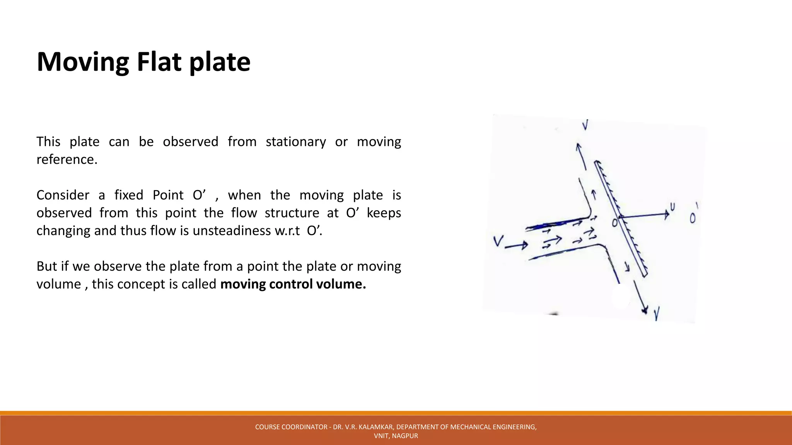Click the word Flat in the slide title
pyautogui.click(x=159, y=62)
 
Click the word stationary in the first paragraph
pyautogui.click(x=296, y=142)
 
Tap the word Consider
pyautogui.click(x=63, y=195)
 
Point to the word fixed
pyautogui.click(x=128, y=195)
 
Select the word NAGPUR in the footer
pyautogui.click(x=405, y=436)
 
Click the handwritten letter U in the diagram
pyautogui.click(x=673, y=207)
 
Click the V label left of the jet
pyautogui.click(x=498, y=241)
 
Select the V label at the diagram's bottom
pyautogui.click(x=657, y=314)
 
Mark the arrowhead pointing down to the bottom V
pyautogui.click(x=644, y=309)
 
